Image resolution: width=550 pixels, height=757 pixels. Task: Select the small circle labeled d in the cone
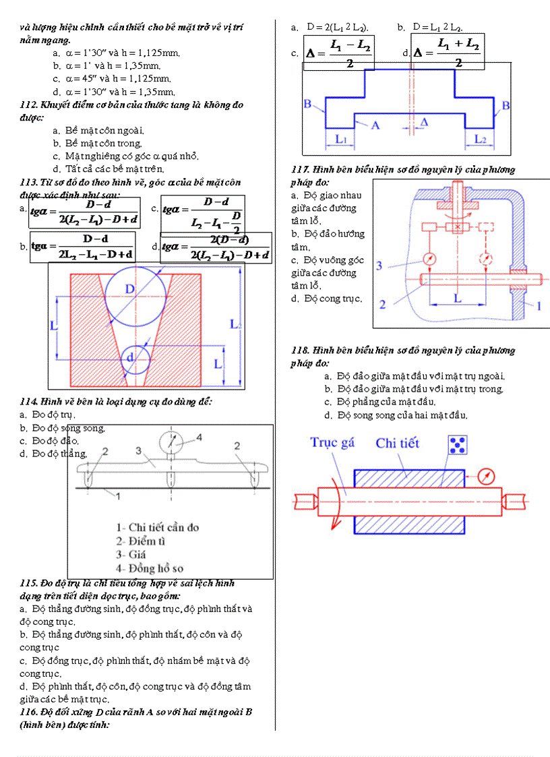(137, 358)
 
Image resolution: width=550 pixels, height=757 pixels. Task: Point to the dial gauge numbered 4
(173, 442)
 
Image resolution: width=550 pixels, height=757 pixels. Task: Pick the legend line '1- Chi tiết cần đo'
(158, 527)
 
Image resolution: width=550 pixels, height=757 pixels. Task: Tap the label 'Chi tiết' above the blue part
(397, 443)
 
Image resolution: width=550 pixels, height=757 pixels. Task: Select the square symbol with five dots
(458, 445)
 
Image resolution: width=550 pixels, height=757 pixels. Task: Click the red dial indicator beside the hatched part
(485, 476)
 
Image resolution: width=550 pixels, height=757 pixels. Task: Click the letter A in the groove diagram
(375, 125)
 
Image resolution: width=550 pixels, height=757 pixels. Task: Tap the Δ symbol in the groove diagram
(423, 122)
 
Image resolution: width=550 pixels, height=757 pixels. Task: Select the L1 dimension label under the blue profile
(341, 139)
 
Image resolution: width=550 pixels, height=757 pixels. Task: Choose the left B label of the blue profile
(307, 104)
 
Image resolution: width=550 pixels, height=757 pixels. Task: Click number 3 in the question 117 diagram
(379, 266)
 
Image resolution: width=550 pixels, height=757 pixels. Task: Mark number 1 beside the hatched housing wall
(538, 306)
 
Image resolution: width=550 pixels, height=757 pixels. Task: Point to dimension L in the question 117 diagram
(458, 297)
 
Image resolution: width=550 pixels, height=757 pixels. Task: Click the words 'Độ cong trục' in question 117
(332, 299)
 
